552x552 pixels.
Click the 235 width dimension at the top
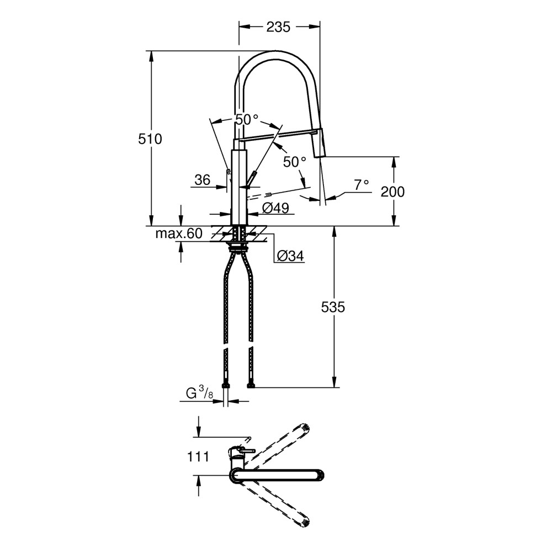coord(278,26)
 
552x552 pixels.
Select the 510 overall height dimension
coord(150,139)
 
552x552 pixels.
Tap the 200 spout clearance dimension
coord(392,192)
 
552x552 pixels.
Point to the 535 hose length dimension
coord(333,307)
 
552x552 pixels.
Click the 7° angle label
coord(361,184)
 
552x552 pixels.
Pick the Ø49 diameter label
coord(275,208)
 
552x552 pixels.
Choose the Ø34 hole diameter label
coord(290,256)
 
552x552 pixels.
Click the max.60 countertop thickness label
coord(179,233)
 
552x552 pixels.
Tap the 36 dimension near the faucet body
coord(203,180)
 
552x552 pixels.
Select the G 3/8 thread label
coord(200,393)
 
